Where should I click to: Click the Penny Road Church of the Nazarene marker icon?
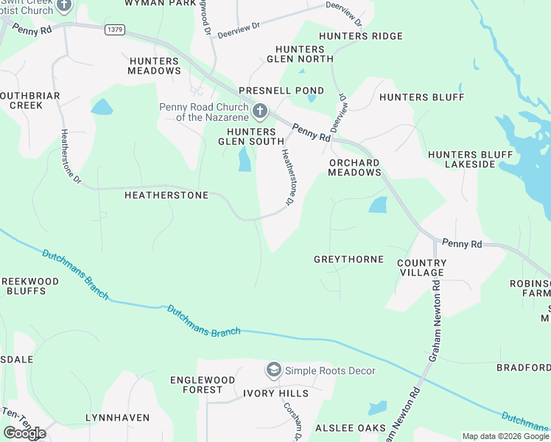click(x=259, y=112)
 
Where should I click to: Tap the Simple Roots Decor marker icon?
click(x=274, y=370)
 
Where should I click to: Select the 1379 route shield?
click(x=115, y=29)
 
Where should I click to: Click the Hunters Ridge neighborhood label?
click(x=361, y=36)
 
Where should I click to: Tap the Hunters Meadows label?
click(x=154, y=66)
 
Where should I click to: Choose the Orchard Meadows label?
click(x=354, y=167)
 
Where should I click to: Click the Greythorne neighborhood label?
click(x=348, y=259)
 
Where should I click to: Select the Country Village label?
click(x=421, y=267)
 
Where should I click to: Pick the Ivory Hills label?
click(x=276, y=393)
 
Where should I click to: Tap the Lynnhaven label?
click(x=117, y=418)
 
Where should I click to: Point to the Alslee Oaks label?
click(x=351, y=428)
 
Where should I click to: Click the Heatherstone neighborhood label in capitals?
click(x=166, y=195)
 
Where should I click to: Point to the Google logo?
click(x=24, y=433)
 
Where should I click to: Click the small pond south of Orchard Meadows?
click(x=377, y=205)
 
